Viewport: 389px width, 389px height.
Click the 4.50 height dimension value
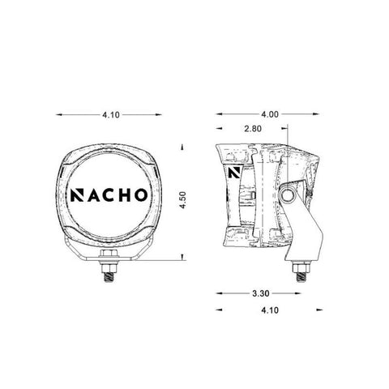[183, 200]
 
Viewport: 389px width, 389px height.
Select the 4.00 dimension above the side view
[270, 114]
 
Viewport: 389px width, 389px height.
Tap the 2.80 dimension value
[253, 129]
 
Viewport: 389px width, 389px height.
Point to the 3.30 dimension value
[261, 293]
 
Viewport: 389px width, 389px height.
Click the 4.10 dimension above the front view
[111, 115]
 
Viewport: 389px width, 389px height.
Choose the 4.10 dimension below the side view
[270, 310]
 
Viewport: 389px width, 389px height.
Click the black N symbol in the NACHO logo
[77, 195]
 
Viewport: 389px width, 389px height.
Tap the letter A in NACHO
[92, 195]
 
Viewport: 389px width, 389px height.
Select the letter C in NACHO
[109, 195]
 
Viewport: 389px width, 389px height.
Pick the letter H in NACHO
[124, 195]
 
